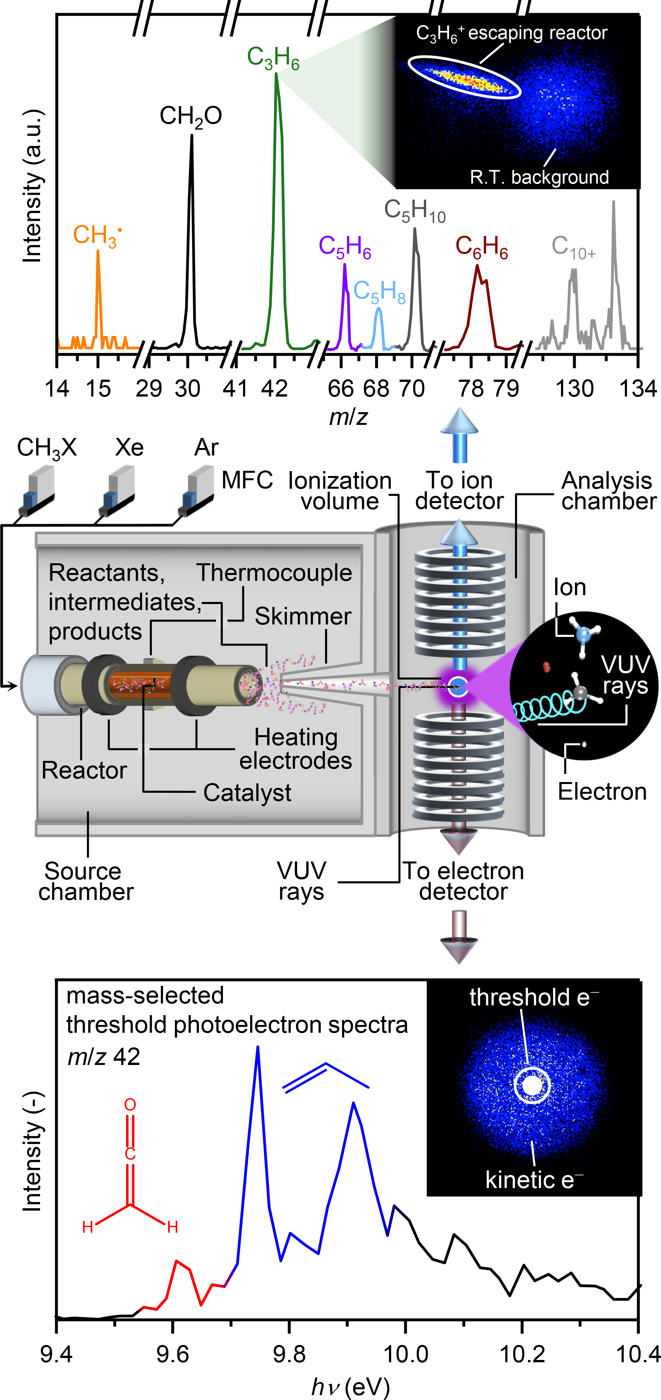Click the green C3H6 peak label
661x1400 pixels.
pos(273,58)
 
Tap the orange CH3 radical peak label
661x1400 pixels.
pos(96,235)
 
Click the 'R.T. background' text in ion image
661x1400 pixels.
pos(539,177)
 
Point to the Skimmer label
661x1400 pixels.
pos(303,616)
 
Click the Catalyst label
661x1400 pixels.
pos(247,792)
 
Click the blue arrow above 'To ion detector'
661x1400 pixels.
pos(459,435)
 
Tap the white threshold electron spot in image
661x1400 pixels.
pos(532,1085)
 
